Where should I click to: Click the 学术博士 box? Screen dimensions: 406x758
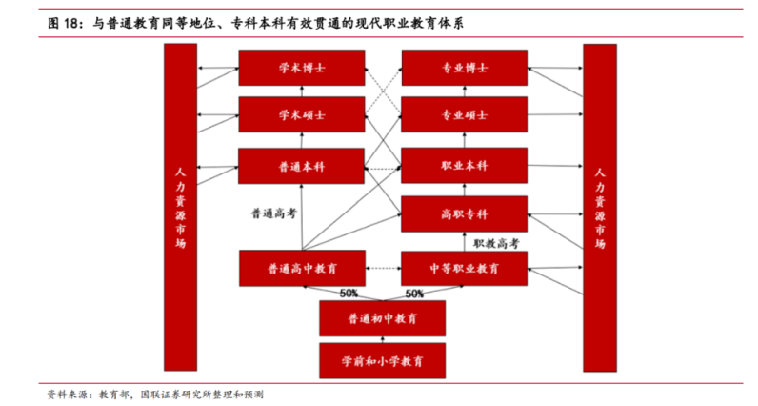coord(301,68)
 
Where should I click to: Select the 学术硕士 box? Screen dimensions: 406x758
coord(301,114)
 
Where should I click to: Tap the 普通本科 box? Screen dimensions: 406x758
coord(301,166)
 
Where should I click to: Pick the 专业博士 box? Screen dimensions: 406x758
coord(464,68)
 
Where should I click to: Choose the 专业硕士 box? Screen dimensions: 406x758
coord(464,114)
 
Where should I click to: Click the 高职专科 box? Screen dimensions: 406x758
coord(464,213)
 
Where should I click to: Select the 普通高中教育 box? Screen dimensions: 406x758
coord(301,268)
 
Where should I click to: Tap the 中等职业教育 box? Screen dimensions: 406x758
coord(464,268)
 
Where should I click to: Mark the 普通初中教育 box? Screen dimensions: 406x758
coord(382,317)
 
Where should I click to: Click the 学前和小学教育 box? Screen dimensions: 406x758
coord(382,361)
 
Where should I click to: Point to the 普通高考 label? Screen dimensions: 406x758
coord(273,213)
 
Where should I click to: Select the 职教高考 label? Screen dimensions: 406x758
coord(496,243)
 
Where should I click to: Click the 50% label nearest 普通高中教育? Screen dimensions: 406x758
coord(348,293)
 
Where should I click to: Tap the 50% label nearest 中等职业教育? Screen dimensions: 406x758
coord(414,293)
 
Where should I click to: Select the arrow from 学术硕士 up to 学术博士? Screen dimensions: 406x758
coord(301,91)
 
